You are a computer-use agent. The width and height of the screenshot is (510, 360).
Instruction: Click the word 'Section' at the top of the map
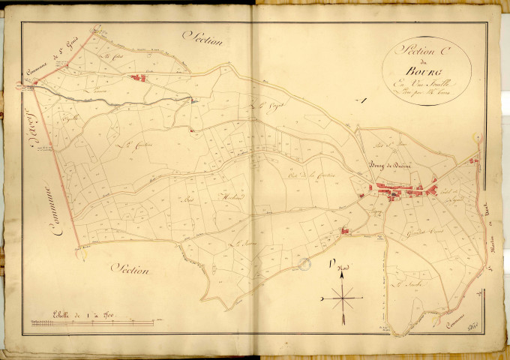[208, 39]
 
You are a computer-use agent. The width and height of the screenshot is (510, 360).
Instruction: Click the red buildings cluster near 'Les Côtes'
[137, 77]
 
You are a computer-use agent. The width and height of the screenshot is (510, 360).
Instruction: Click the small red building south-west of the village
[346, 232]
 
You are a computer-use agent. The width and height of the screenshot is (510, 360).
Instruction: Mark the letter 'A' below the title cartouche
[361, 101]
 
